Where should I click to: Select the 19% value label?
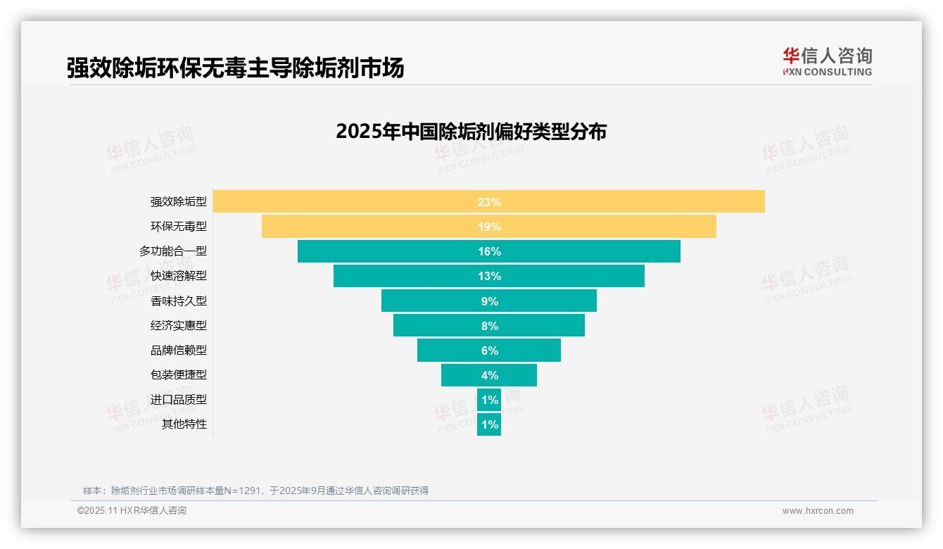click(x=489, y=227)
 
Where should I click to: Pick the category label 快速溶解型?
click(x=179, y=276)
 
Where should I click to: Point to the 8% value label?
click(x=489, y=326)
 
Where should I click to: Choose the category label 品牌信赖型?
click(x=179, y=351)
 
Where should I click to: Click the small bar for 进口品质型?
click(x=489, y=400)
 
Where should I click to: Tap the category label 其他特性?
click(x=184, y=424)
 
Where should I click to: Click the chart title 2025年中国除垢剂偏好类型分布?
click(x=471, y=132)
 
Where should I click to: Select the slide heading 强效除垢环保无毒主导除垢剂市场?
click(x=235, y=68)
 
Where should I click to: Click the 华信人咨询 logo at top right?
click(x=827, y=61)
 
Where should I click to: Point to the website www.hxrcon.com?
click(x=818, y=511)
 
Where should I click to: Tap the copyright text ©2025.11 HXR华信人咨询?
click(x=132, y=511)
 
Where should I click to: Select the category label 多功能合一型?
click(x=173, y=251)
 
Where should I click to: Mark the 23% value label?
click(x=489, y=202)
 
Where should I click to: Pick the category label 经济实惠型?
click(x=179, y=326)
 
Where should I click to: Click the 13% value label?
click(x=489, y=276)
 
